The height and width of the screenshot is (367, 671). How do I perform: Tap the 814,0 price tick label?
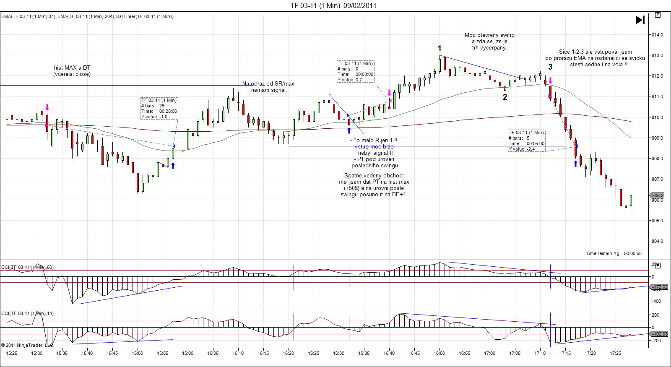(x=657, y=35)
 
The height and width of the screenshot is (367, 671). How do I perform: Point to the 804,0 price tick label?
(x=657, y=241)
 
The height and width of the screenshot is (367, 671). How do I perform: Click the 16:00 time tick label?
(x=187, y=354)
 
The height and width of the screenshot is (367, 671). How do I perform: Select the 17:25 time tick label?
(x=615, y=354)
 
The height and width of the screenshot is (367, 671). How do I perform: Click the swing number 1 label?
(x=440, y=49)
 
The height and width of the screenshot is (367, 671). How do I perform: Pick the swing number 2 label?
(x=505, y=97)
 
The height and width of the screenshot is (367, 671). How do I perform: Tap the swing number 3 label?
(x=550, y=67)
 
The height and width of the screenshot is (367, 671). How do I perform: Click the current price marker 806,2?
(x=658, y=195)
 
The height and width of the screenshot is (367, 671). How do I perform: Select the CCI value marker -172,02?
(x=658, y=287)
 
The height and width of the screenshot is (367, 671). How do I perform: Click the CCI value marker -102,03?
(x=658, y=334)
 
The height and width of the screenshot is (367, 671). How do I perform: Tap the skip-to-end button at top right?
(x=640, y=20)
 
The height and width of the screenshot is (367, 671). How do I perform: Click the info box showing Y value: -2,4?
(x=526, y=141)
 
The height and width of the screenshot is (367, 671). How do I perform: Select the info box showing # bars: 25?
(x=159, y=108)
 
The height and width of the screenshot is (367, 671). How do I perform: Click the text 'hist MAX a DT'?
(x=72, y=68)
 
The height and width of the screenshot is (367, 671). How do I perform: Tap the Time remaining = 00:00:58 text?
(x=614, y=253)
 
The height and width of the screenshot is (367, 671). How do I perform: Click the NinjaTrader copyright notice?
(x=27, y=345)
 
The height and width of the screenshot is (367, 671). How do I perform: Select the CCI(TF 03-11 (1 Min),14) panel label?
(x=28, y=313)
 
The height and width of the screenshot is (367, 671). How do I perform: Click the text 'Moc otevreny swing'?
(x=489, y=35)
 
